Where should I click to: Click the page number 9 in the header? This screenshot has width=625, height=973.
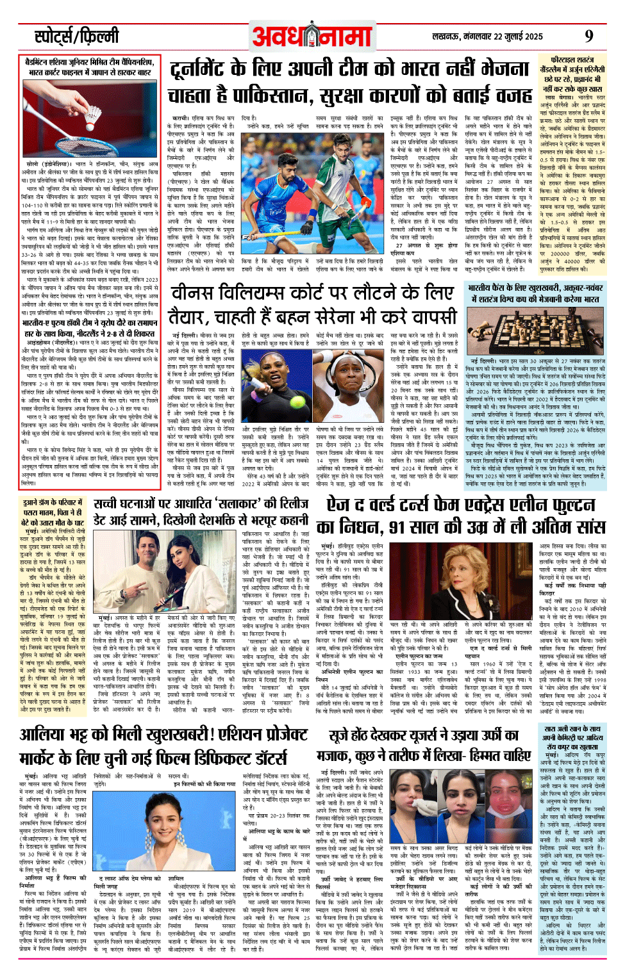click(588, 36)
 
